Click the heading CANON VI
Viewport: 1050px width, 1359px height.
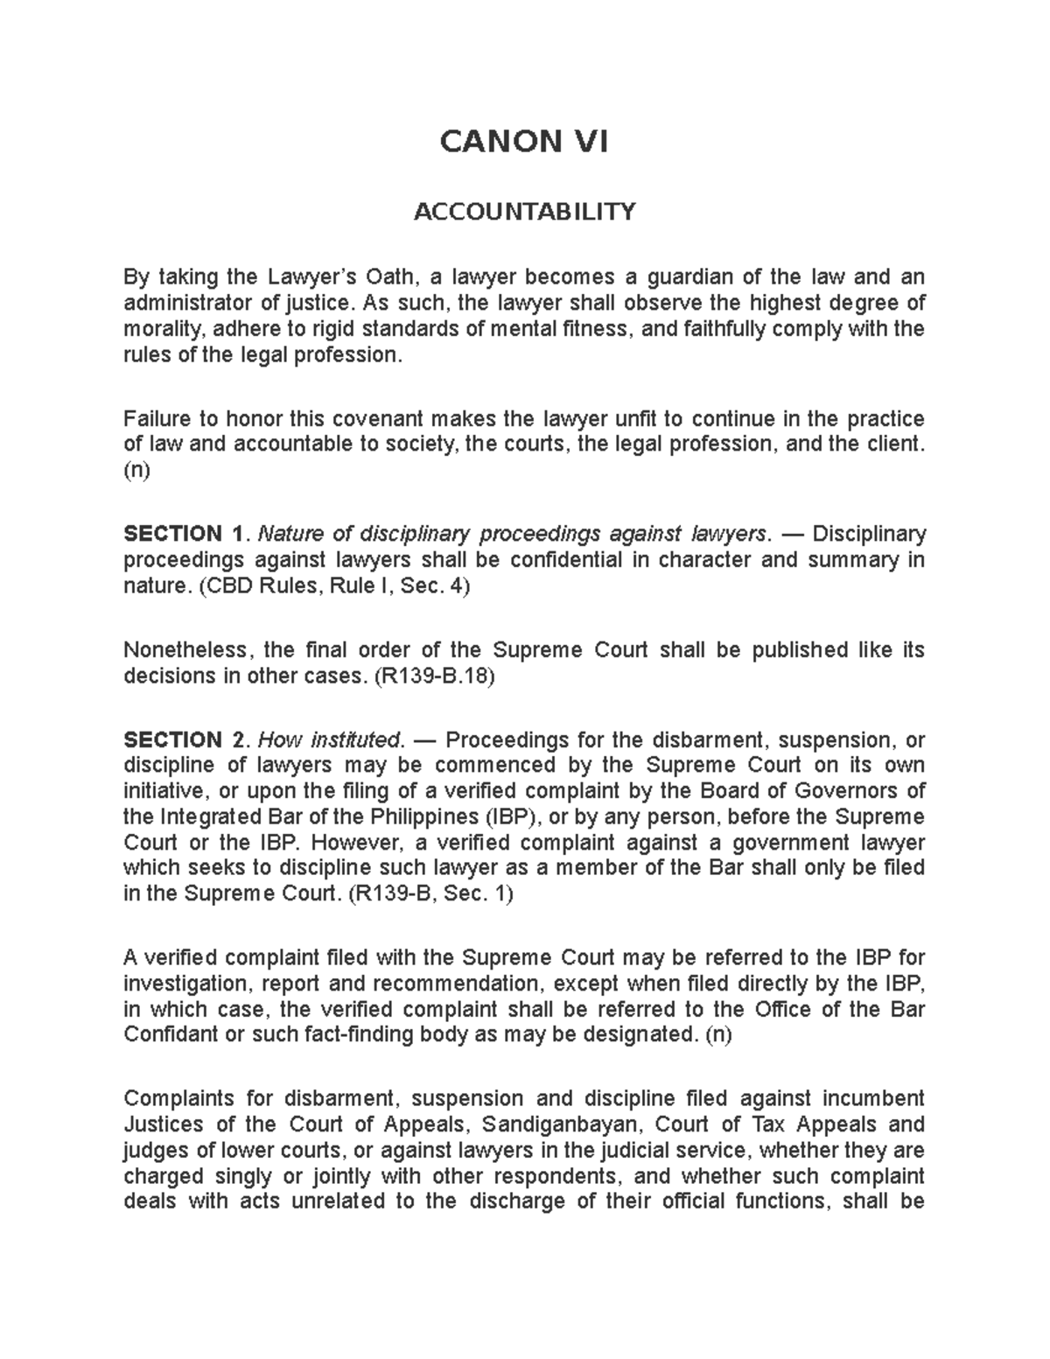point(523,141)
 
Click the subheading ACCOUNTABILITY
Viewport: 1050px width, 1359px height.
point(524,211)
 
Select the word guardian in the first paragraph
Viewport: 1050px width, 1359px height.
point(689,277)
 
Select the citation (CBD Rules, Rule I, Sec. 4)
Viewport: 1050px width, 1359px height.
point(334,585)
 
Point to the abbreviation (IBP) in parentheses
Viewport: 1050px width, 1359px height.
point(512,816)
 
